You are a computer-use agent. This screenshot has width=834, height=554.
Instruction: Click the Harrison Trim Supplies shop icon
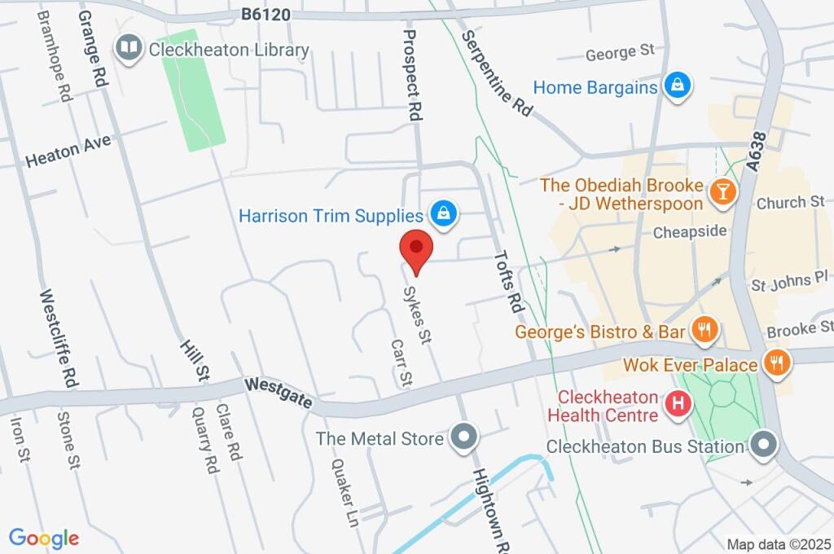click(x=443, y=214)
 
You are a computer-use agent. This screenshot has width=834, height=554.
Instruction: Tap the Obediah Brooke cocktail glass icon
click(x=722, y=191)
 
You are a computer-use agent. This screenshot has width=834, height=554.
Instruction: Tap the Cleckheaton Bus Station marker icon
click(x=763, y=445)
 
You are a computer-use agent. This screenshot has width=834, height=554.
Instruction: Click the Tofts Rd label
click(x=508, y=281)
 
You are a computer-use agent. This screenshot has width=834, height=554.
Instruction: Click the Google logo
click(x=43, y=539)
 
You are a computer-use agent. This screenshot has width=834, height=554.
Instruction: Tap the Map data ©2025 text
click(x=778, y=544)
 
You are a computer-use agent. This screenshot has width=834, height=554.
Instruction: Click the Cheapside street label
click(x=690, y=232)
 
